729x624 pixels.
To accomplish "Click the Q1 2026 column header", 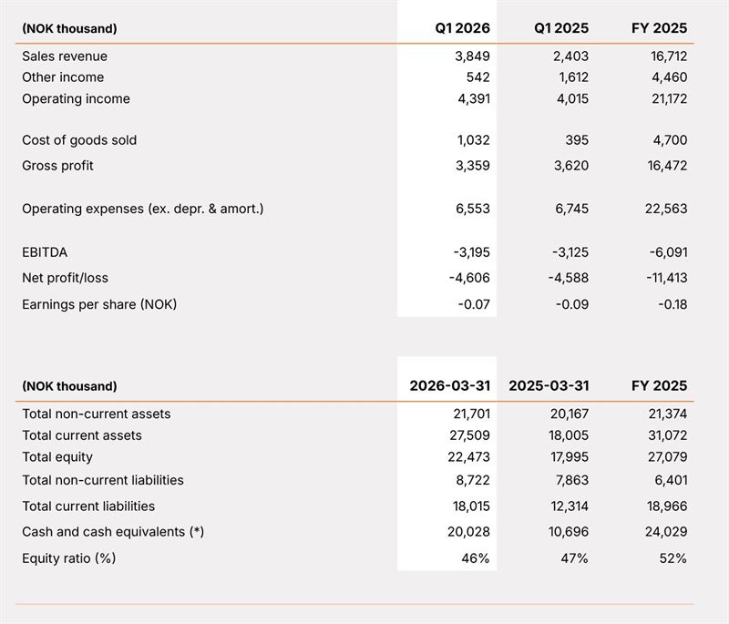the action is coord(462,28).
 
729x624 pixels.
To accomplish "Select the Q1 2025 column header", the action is coord(561,28).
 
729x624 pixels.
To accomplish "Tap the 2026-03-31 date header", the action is coord(449,385).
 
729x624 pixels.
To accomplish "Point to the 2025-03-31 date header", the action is coord(549,385).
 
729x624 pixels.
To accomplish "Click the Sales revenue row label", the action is coord(65,56).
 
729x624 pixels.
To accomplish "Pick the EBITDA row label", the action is coord(45,252).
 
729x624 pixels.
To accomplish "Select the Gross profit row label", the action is coord(57,166).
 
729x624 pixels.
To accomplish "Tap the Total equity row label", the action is coord(57,457).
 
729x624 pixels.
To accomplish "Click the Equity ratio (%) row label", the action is coord(69,558).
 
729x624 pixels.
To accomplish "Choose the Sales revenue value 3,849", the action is coord(472,56).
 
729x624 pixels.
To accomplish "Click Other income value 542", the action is coord(477,77).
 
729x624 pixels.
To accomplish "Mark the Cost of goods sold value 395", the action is coord(577,140).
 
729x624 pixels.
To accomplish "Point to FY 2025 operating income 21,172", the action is coord(669,98).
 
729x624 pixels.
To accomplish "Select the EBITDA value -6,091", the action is coord(668,252).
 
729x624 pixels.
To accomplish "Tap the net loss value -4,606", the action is coord(469,278).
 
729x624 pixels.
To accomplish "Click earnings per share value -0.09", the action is coord(572,304).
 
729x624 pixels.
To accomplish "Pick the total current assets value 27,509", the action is coord(469,435).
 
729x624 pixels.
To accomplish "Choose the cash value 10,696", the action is coord(568,531).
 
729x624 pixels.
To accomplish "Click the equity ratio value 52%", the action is coord(673,558).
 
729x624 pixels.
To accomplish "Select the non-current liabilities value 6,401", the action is coord(671,480).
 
